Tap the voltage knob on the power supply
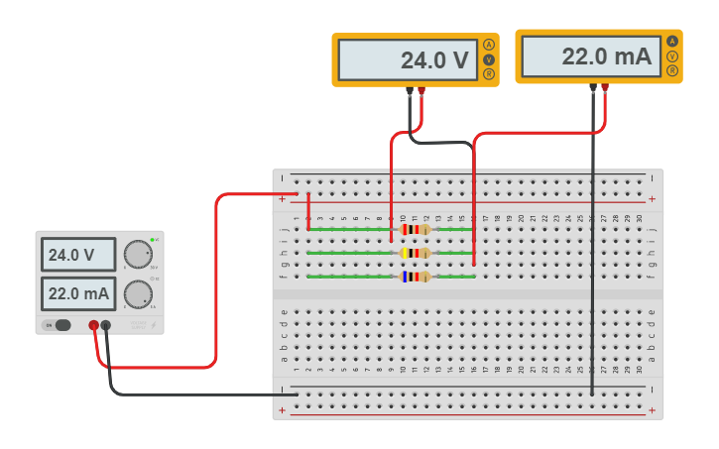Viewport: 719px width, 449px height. point(138,255)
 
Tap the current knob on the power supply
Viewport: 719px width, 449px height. point(138,294)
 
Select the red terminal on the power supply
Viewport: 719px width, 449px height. point(94,325)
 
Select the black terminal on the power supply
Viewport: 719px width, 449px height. point(106,325)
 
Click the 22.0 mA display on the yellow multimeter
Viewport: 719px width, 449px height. point(589,56)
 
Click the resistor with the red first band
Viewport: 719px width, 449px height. point(414,229)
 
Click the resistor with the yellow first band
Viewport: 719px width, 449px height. point(414,253)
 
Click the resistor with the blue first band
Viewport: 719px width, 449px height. point(414,277)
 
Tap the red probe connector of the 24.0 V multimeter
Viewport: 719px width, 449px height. point(421,91)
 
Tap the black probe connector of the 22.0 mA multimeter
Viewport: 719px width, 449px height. point(593,87)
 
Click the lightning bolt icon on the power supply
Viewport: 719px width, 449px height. point(153,325)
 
